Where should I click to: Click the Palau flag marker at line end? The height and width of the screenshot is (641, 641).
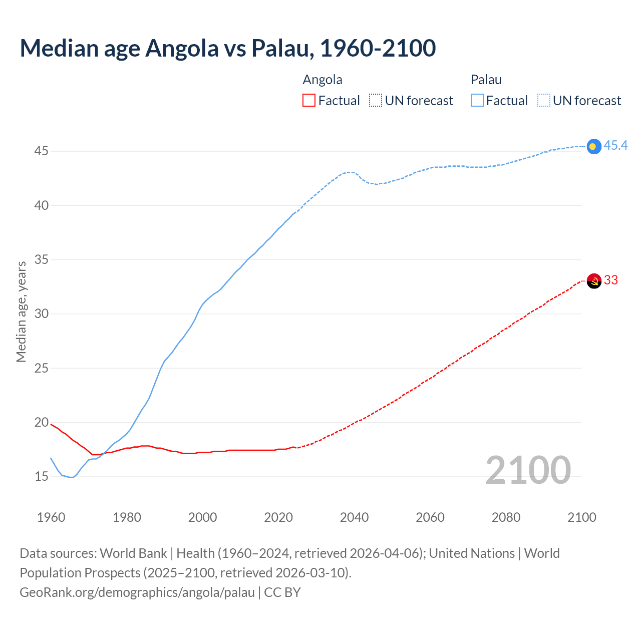[x=593, y=146]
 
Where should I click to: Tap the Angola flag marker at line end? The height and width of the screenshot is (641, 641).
[x=593, y=281]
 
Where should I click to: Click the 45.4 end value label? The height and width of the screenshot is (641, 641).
[x=615, y=146]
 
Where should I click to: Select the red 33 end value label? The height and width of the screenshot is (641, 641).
[x=611, y=280]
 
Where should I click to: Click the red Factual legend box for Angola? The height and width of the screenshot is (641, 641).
[x=309, y=101]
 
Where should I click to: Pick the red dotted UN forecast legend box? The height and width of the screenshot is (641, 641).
[x=376, y=101]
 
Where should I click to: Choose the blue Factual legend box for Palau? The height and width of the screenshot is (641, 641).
[x=477, y=101]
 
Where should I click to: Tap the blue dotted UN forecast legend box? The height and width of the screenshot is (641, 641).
[x=543, y=101]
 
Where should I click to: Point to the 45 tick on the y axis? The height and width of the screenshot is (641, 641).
[x=41, y=151]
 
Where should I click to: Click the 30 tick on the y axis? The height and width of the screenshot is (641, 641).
[x=41, y=314]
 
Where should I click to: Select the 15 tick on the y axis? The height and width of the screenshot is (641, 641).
[x=41, y=477]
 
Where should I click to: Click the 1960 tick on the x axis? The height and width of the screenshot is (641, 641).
[x=51, y=517]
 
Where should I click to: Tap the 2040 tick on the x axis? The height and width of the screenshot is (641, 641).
[x=354, y=517]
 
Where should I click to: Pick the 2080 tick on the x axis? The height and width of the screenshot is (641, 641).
[x=506, y=517]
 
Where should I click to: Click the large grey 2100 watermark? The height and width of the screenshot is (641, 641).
[x=528, y=470]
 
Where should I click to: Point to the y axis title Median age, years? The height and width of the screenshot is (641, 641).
[x=21, y=311]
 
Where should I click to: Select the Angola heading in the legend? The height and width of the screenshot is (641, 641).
[x=323, y=80]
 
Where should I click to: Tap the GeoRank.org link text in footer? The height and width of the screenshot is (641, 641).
[x=137, y=592]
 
